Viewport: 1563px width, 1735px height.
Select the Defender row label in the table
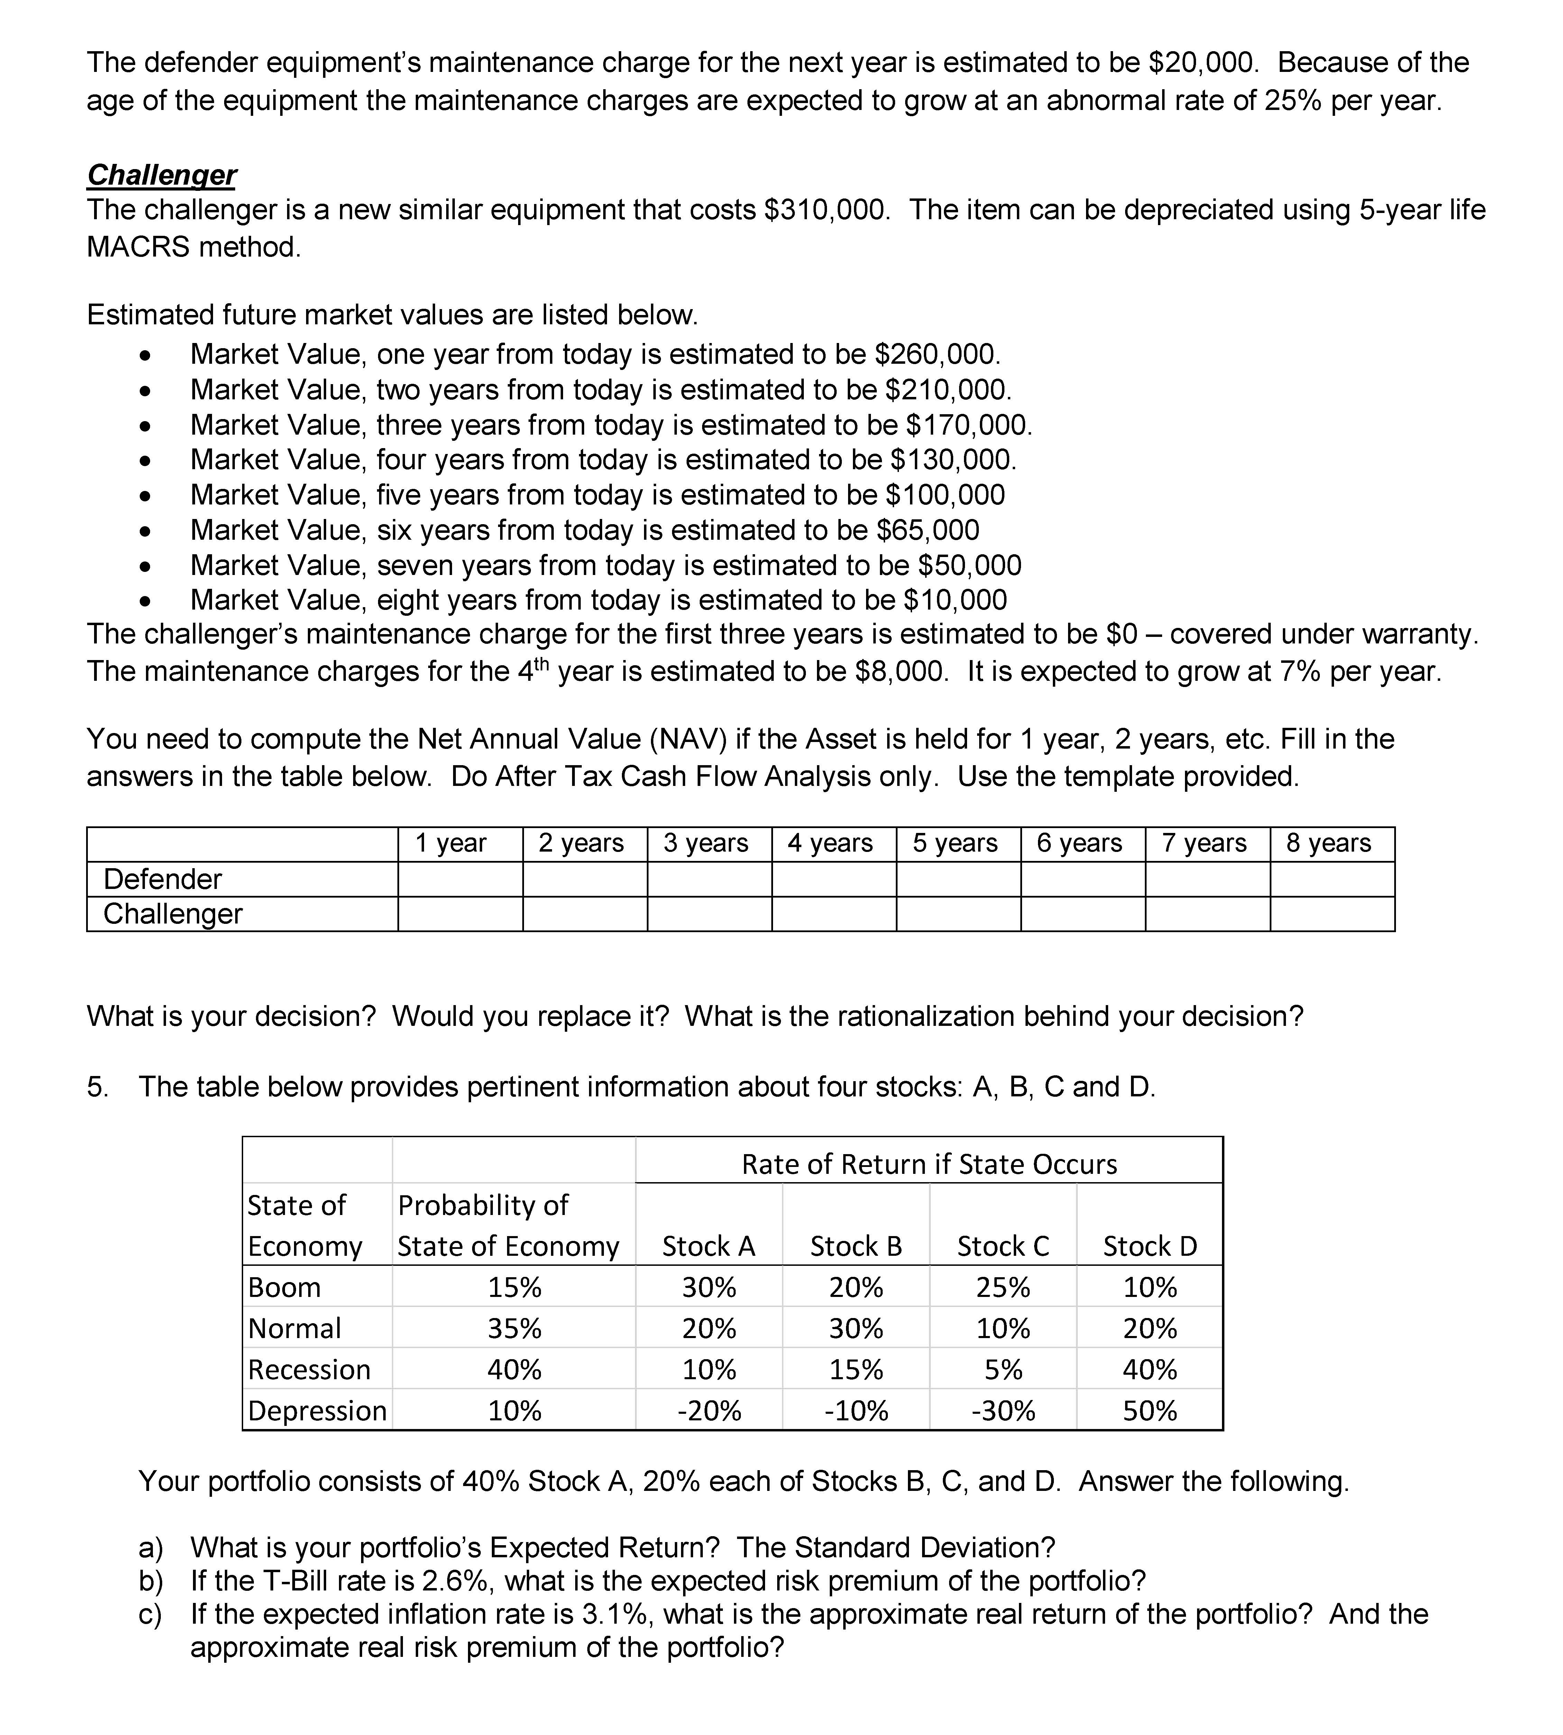click(x=162, y=879)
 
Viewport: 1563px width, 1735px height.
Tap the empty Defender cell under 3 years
click(x=709, y=879)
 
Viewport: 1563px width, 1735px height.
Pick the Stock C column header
click(x=1003, y=1246)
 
